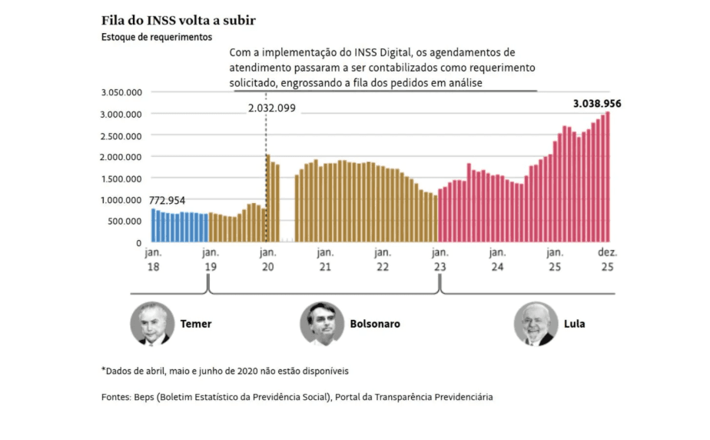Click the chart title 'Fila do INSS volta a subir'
tap(179, 19)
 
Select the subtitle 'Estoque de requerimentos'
tap(157, 36)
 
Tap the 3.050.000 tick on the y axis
tap(121, 92)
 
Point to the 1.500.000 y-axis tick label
tap(121, 178)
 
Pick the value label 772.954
tap(168, 200)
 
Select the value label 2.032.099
tap(271, 108)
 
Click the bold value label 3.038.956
tap(597, 103)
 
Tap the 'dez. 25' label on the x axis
tap(608, 259)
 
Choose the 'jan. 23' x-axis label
tap(440, 259)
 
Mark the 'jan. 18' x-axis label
tap(152, 259)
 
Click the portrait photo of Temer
tap(151, 323)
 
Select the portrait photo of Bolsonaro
tap(321, 323)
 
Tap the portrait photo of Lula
tap(536, 323)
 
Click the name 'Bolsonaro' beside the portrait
tap(374, 324)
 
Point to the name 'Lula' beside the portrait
tap(574, 324)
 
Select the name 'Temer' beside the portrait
tap(195, 324)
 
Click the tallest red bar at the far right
tap(608, 177)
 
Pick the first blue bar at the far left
tap(153, 225)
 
